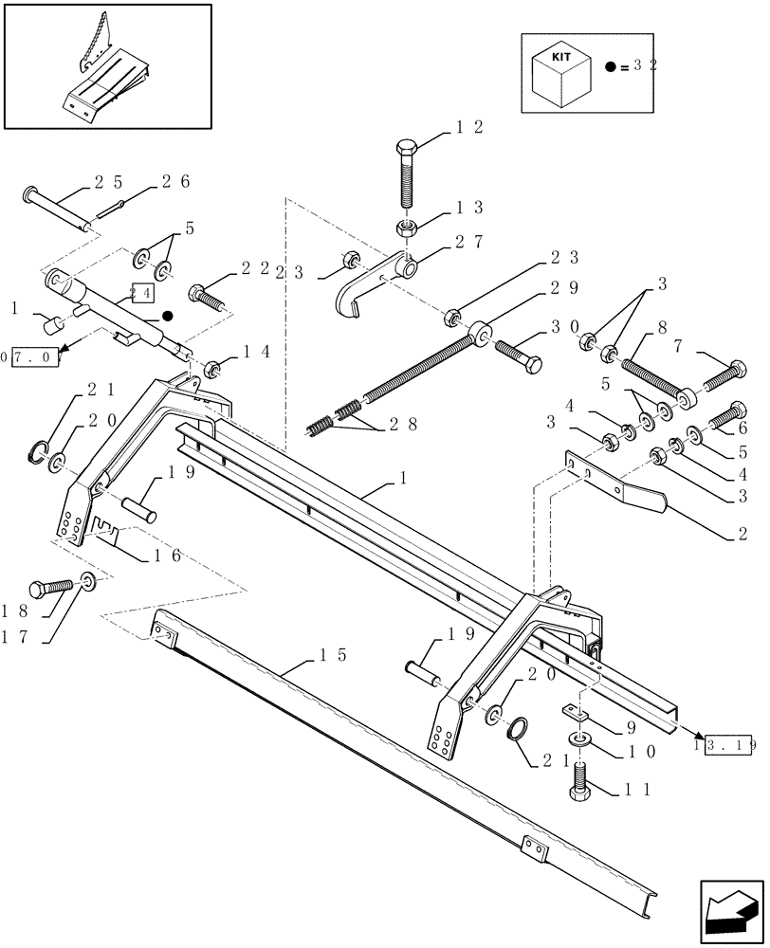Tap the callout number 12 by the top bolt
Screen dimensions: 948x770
[471, 128]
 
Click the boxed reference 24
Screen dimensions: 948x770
[141, 293]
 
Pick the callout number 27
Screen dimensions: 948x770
[471, 242]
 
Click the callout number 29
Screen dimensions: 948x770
[565, 286]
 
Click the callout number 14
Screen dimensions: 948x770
[253, 353]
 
